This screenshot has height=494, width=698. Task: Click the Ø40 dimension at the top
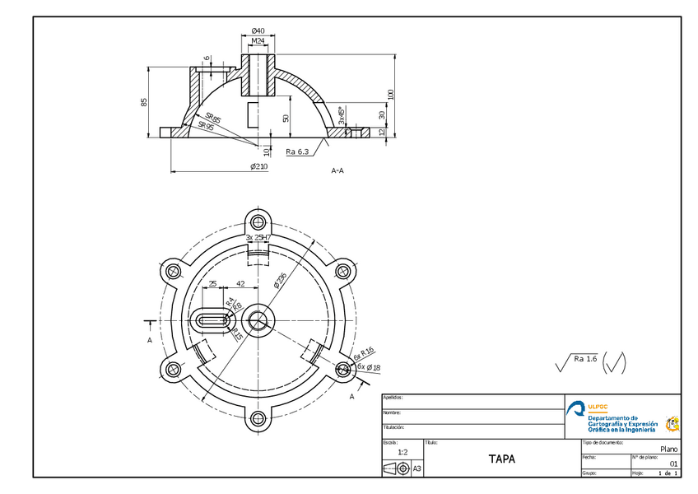(258, 30)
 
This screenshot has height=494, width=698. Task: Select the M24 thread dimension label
(258, 40)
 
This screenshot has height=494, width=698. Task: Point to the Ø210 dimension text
(258, 167)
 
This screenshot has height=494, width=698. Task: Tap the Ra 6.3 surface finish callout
(297, 151)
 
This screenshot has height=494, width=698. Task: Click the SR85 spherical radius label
(213, 119)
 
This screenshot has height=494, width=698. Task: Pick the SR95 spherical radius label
(206, 127)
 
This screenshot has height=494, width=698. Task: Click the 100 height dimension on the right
(392, 95)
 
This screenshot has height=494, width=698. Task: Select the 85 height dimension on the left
(144, 102)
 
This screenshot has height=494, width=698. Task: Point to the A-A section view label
(337, 171)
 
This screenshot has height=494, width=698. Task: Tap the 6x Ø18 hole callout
(368, 366)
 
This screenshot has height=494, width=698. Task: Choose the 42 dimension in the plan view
(240, 283)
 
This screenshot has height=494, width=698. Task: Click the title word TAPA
(501, 459)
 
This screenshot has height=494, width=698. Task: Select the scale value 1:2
(403, 452)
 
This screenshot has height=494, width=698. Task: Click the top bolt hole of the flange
(259, 221)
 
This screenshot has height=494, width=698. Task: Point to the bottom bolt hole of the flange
(259, 420)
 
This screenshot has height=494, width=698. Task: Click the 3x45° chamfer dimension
(342, 114)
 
